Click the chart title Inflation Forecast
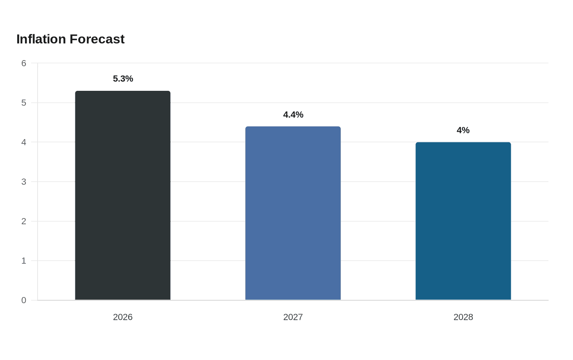(x=70, y=39)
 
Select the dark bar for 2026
(x=123, y=196)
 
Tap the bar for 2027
(x=293, y=213)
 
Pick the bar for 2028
(x=463, y=221)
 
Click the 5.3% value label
(x=123, y=79)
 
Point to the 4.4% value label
(x=293, y=115)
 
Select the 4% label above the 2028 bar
(x=463, y=130)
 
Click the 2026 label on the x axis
(x=123, y=317)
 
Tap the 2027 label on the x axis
(x=293, y=317)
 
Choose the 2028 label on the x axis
(x=463, y=317)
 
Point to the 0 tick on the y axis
(x=24, y=300)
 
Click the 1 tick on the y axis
(x=24, y=261)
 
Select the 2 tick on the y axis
(x=24, y=221)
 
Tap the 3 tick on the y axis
(x=24, y=182)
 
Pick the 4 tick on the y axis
(x=24, y=142)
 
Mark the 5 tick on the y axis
(x=24, y=103)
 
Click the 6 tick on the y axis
(x=24, y=63)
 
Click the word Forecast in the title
(x=97, y=39)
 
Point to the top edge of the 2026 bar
(x=123, y=91)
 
